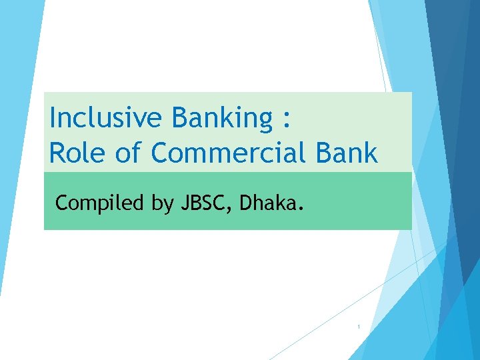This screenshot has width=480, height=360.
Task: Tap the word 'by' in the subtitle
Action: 162,203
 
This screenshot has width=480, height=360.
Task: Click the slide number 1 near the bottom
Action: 359,327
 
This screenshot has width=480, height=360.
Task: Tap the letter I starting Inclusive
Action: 53,118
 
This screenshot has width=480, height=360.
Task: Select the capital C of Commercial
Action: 160,153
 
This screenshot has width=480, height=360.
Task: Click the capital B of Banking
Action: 179,118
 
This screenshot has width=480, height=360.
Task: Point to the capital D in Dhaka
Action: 245,202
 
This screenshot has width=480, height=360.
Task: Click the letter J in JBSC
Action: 185,202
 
